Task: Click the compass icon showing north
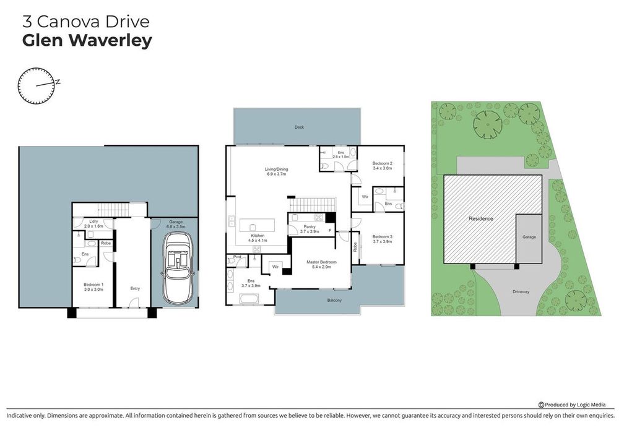pos(37,86)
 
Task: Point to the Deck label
pos(299,127)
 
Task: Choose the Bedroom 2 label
pos(383,165)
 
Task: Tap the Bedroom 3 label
pos(382,238)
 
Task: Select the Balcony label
pos(335,300)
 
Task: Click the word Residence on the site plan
pos(480,219)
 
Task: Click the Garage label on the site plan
pos(529,237)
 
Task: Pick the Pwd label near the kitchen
pos(236,257)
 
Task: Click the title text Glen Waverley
pos(87,41)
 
